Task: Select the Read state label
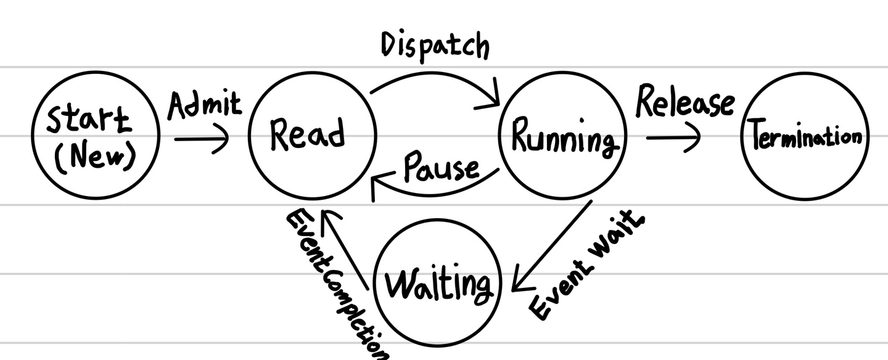tap(306, 134)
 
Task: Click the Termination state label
tap(805, 136)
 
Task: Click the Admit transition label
tap(205, 106)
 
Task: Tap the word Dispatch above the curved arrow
tap(435, 47)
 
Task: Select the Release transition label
tap(684, 103)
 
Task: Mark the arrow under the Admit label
tap(201, 139)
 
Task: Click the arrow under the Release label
tap(673, 137)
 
